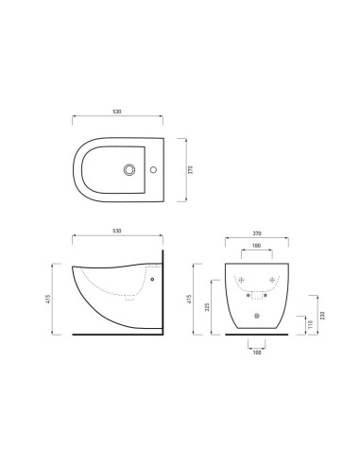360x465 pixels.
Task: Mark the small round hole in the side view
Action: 150,280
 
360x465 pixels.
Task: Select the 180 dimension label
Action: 257,248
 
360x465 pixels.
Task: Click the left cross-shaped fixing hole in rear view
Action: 242,280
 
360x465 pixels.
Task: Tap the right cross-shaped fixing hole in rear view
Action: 272,280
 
